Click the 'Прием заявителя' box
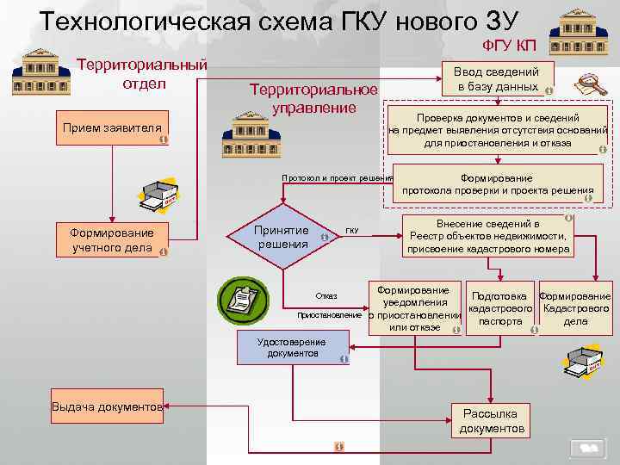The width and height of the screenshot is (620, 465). (x=111, y=128)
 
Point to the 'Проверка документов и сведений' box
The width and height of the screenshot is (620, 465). (x=498, y=130)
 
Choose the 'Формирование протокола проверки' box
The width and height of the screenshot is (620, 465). (x=497, y=184)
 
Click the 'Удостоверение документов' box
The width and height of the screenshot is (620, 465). (x=292, y=347)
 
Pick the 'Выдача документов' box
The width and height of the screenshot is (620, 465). (x=107, y=406)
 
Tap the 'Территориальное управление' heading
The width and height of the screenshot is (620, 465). (x=313, y=98)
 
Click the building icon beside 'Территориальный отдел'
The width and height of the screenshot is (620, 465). (x=35, y=71)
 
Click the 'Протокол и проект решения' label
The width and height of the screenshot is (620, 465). (x=338, y=178)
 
